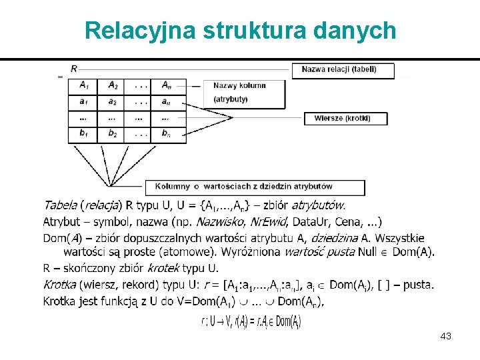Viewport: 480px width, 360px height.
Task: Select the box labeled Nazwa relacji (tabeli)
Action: point(343,70)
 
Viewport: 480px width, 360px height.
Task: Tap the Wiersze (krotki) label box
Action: point(345,118)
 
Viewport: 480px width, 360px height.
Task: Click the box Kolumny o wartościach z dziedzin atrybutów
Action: point(255,187)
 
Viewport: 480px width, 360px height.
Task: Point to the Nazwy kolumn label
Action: point(239,85)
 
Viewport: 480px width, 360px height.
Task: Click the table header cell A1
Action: point(83,85)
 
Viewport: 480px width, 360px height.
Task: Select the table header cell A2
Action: point(112,85)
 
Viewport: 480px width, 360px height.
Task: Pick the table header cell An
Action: point(165,85)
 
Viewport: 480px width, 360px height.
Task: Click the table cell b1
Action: point(83,134)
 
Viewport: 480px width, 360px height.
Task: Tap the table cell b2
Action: point(112,134)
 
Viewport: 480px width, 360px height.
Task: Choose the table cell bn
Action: point(165,134)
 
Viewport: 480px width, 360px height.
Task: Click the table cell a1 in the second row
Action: point(83,102)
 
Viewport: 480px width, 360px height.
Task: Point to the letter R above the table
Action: point(73,69)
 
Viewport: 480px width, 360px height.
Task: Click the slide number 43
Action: point(446,336)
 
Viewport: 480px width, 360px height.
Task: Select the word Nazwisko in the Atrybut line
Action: point(218,221)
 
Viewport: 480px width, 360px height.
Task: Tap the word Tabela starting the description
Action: point(60,205)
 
